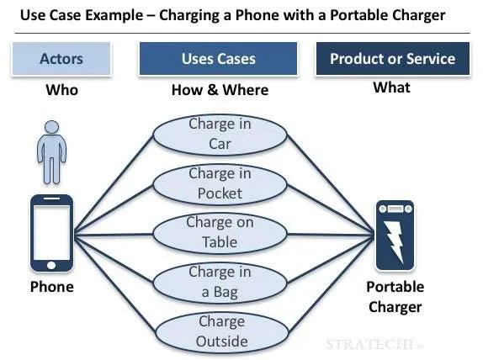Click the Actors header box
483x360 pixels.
pos(61,59)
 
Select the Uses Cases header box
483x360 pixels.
pos(219,59)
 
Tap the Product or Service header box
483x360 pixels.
pos(393,59)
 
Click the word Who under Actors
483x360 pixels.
pos(62,90)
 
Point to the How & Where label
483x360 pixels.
pos(220,90)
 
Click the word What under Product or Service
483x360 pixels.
pos(391,87)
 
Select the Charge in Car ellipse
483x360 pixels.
pos(220,135)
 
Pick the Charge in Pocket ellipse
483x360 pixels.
pos(220,184)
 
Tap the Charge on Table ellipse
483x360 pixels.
pos(220,234)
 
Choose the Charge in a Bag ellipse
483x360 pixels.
pos(220,283)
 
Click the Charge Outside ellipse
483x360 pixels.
pos(222,332)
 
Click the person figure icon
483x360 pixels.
pos(52,152)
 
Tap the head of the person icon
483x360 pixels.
pos(52,127)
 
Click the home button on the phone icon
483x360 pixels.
pos(51,265)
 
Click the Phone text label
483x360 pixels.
pos(52,287)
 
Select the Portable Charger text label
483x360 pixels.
pos(395,297)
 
